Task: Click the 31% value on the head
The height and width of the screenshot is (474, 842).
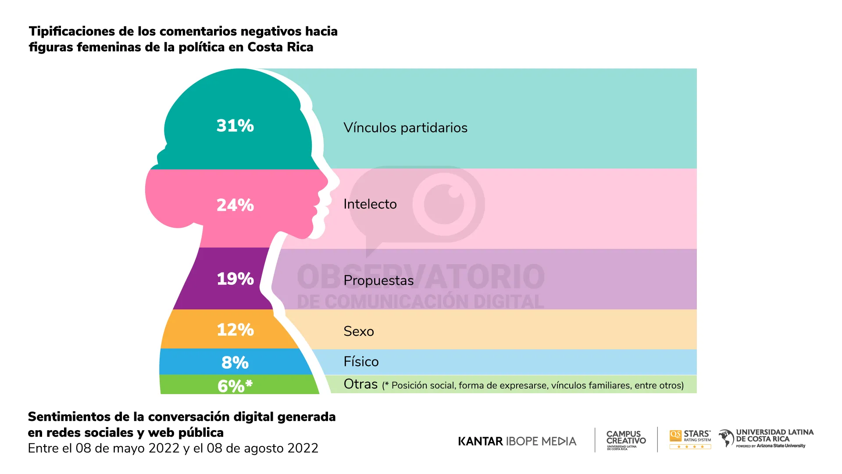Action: (235, 126)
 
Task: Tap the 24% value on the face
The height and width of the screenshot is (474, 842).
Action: (235, 205)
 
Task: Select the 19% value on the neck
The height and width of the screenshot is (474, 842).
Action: (235, 279)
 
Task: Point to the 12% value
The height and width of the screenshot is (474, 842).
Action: (235, 330)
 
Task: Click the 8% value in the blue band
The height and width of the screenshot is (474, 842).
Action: (235, 363)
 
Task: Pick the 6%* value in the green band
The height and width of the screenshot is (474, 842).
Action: (235, 386)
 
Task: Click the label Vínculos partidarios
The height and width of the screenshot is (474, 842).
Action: (405, 128)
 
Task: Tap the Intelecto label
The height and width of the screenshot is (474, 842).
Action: (370, 204)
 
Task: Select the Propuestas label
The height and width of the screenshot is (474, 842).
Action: (378, 280)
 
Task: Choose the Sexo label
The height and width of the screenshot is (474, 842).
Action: (358, 331)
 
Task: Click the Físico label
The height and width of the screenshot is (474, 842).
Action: (361, 362)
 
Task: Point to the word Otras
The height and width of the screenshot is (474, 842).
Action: (360, 384)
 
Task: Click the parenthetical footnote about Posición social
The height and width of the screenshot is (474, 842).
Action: (533, 385)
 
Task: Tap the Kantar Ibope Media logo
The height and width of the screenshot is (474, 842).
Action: (517, 441)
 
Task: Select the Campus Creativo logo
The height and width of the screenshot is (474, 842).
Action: (626, 439)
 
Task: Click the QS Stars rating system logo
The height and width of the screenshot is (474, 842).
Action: (690, 439)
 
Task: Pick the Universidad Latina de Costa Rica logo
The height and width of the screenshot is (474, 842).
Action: (766, 438)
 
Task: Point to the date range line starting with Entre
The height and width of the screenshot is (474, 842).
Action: (173, 448)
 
